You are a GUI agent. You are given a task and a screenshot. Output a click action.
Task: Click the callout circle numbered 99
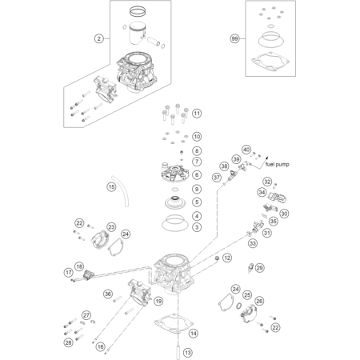pos(234,38)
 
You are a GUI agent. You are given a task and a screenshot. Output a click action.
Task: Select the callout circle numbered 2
pos(99,38)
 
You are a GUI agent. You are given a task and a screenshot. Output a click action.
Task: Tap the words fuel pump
pos(278,165)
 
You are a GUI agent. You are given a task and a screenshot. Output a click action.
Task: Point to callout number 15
pos(112,186)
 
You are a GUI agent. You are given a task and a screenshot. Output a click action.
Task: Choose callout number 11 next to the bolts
pos(197,114)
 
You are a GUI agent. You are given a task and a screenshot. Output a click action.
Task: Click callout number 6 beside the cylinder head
pos(197,175)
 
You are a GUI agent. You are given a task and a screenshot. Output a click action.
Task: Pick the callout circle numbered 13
pos(188,353)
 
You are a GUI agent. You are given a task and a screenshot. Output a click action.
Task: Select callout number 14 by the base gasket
pos(194,333)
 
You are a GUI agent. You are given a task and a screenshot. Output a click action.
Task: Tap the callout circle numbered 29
pos(259,267)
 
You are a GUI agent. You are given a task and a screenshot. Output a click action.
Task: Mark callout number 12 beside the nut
pos(227,258)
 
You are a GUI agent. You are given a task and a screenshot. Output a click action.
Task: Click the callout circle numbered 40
pos(246,150)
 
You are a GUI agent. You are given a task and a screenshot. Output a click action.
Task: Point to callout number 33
pos(253,243)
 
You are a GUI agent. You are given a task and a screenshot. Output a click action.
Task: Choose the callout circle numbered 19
pos(158,301)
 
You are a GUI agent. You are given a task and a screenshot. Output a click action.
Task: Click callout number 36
pos(108,294)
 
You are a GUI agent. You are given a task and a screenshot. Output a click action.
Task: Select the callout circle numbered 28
pos(69,342)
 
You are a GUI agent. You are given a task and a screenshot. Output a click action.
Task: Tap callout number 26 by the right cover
pos(259,301)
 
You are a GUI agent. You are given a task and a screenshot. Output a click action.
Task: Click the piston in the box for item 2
pos(138,34)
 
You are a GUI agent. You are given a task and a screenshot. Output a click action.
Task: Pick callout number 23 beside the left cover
pos(111,227)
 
